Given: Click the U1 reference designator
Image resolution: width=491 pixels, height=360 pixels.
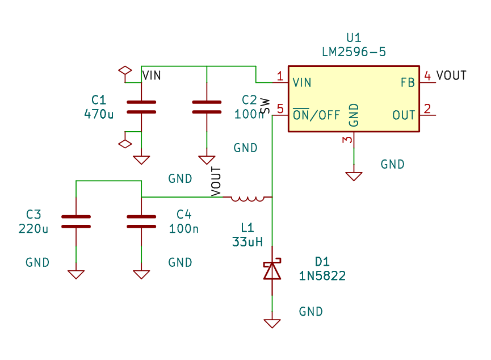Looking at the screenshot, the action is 354,38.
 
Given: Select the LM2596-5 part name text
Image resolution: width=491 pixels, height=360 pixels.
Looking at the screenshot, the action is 354,52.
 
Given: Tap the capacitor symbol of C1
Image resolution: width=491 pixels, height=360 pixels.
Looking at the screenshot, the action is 141,107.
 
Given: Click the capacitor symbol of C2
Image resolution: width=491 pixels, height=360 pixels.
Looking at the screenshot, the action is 207,107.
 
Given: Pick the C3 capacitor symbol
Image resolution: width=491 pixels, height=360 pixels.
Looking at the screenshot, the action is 76,221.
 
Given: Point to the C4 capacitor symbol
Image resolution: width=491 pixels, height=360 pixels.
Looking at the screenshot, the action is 141,221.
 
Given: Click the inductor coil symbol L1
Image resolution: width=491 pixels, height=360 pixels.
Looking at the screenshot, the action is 247,198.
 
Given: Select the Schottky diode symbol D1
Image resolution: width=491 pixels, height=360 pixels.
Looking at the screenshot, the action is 272,270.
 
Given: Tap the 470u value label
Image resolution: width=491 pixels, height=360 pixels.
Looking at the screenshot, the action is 99,114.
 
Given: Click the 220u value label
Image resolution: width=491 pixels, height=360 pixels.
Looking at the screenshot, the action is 33,229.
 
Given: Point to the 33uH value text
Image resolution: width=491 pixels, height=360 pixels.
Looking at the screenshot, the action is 247,242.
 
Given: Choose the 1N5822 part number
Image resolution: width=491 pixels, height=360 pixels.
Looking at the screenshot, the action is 322,276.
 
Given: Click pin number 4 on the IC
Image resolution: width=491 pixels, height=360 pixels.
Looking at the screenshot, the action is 427,76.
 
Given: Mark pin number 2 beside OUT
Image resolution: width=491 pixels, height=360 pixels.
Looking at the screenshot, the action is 427,108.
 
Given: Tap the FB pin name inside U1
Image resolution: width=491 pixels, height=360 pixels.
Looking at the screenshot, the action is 408,83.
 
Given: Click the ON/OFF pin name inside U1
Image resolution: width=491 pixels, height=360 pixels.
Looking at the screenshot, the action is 316,115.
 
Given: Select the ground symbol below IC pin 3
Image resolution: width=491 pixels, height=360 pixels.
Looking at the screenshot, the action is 354,177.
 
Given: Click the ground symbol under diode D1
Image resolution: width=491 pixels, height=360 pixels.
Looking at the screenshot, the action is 272,324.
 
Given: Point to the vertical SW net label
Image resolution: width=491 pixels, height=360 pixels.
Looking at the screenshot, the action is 265,107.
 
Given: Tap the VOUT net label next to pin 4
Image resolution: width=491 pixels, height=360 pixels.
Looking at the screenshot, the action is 451,76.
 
